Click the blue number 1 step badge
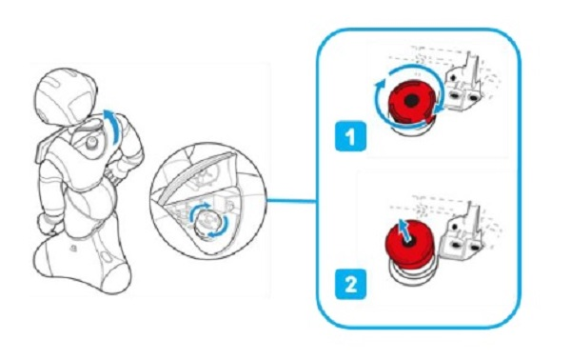pos(350,136)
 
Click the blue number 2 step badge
pos(350,284)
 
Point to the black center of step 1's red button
pos(411,100)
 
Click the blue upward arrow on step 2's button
pos(404,229)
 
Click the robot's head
pos(66,95)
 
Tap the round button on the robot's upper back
pos(91,143)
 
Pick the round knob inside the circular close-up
pos(207,224)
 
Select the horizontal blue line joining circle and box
pos(291,201)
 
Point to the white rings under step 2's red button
pos(408,273)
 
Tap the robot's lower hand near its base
pos(49,225)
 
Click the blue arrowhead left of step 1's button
pos(380,86)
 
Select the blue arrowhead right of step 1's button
pos(439,109)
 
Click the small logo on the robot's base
pos(73,249)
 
